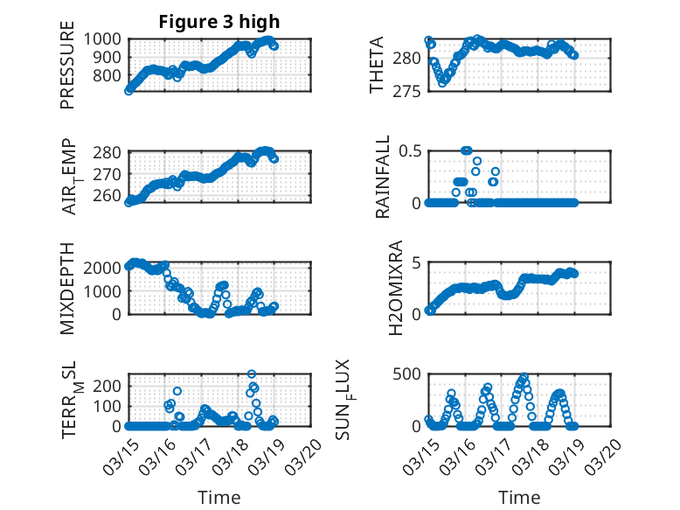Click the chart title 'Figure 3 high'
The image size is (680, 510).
[219, 22]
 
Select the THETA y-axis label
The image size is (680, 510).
[377, 66]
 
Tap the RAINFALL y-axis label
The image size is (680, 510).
[383, 177]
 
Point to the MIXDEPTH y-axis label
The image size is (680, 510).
[67, 288]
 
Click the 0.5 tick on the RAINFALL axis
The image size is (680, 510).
[411, 150]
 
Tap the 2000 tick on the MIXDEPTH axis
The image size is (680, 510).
[105, 269]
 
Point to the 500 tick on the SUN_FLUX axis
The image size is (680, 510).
[409, 374]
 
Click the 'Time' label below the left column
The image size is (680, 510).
[219, 498]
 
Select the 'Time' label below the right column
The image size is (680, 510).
[519, 498]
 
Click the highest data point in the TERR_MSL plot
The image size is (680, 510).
[252, 374]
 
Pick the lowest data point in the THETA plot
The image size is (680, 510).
[442, 83]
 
